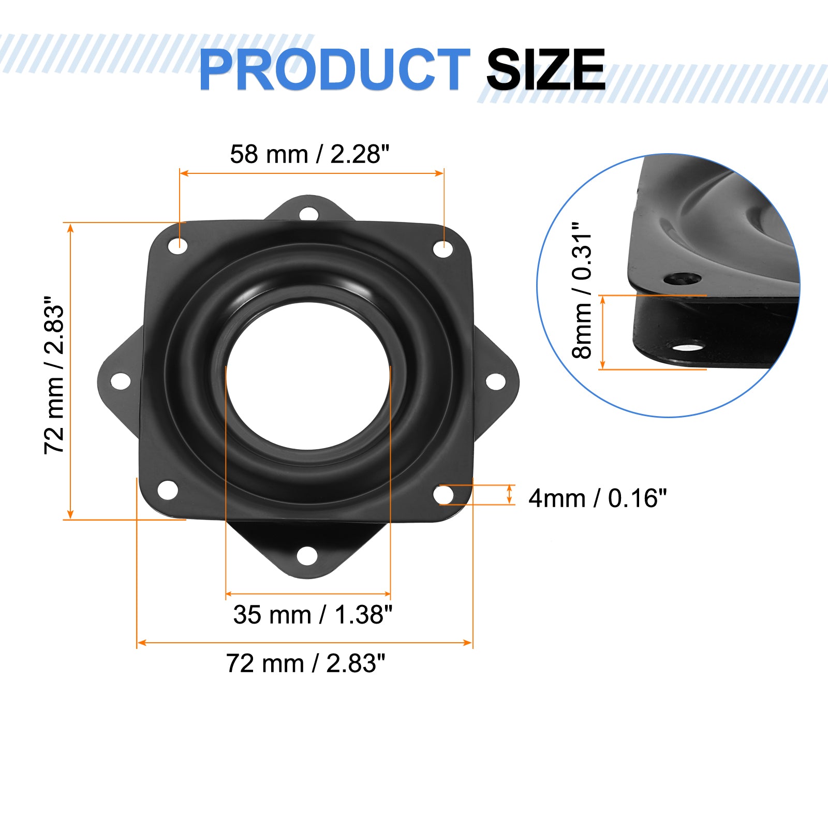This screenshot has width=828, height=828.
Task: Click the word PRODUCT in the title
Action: [x=334, y=70]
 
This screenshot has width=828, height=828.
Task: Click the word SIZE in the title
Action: [x=545, y=70]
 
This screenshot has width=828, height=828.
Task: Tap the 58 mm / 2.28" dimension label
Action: [x=309, y=154]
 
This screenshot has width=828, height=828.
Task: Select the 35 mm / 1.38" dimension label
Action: [x=313, y=615]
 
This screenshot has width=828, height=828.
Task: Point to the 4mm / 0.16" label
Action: [x=598, y=498]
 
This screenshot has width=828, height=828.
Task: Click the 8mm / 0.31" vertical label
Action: [x=582, y=291]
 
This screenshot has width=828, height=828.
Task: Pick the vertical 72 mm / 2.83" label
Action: [x=54, y=376]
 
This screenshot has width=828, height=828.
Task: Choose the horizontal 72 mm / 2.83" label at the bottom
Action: [x=305, y=663]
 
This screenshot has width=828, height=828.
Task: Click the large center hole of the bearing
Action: [x=308, y=376]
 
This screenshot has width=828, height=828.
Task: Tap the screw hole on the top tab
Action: [x=309, y=213]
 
